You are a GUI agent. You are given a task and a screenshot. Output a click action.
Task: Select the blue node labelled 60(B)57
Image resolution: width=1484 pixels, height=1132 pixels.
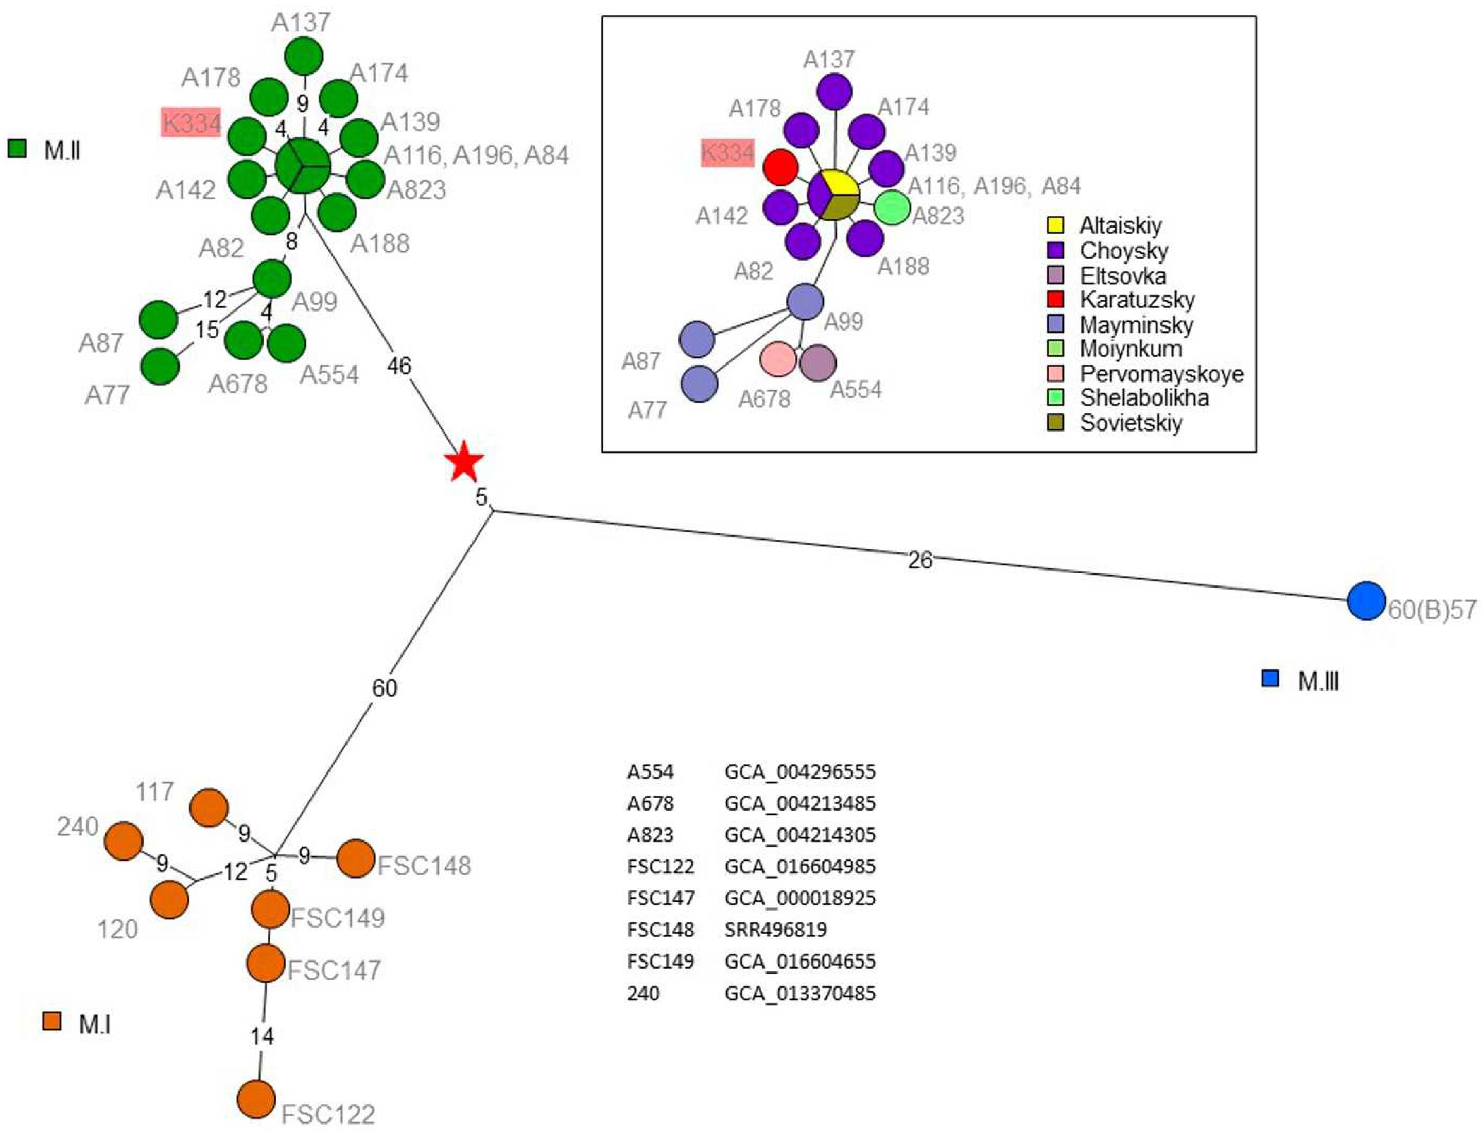(1366, 600)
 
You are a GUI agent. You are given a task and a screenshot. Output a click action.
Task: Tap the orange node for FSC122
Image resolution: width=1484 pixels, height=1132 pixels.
(257, 1099)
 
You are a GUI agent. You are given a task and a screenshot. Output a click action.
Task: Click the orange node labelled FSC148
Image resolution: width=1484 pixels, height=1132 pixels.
(355, 859)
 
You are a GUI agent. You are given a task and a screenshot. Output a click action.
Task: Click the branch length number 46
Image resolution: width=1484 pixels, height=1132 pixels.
(399, 366)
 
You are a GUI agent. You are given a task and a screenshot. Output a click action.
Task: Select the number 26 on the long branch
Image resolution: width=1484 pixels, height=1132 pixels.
(920, 560)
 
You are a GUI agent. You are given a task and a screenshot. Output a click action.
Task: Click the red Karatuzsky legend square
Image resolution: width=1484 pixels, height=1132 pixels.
(1055, 299)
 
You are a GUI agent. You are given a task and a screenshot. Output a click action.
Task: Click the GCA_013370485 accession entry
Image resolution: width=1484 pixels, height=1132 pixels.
(800, 993)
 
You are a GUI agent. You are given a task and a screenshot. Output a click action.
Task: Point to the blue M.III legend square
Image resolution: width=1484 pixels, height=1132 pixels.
(1270, 679)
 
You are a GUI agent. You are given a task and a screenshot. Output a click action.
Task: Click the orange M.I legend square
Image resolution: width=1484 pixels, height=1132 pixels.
(51, 1021)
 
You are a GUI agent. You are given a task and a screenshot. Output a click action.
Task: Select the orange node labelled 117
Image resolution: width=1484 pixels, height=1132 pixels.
(209, 807)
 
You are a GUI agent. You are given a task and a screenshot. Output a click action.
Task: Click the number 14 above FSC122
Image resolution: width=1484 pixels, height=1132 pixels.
(262, 1036)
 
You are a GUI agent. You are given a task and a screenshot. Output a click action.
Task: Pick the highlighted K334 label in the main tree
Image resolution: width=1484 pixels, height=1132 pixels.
(191, 123)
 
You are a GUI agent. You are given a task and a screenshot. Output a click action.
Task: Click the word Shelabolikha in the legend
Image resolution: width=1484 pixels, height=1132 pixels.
(1144, 398)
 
